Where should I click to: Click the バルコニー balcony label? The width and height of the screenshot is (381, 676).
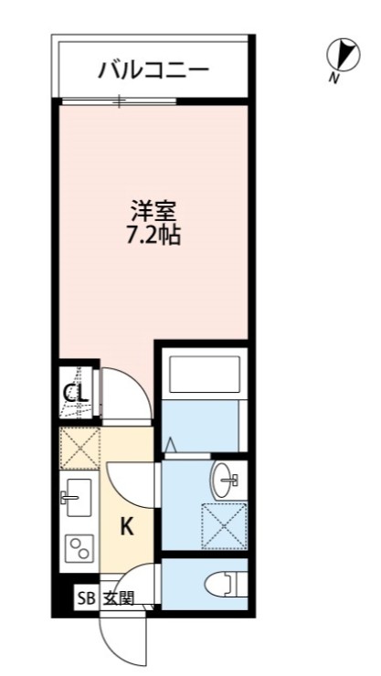[x=154, y=69]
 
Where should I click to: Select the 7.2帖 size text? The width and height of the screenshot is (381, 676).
[x=153, y=237]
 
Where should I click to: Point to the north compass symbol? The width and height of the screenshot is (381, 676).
[x=339, y=56]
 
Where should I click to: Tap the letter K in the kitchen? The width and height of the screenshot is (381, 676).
[x=128, y=526]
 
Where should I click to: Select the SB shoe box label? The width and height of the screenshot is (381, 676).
[x=85, y=599]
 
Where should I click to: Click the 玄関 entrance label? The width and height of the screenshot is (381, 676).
[x=118, y=599]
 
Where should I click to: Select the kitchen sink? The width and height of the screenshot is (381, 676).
[x=78, y=498]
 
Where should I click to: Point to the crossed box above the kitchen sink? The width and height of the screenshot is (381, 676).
[x=79, y=449]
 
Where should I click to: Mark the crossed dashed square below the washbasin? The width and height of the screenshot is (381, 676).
[x=224, y=524]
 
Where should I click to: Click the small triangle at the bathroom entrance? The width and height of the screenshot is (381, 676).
[x=171, y=445]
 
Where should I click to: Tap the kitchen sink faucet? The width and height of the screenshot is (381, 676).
[x=67, y=498]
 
